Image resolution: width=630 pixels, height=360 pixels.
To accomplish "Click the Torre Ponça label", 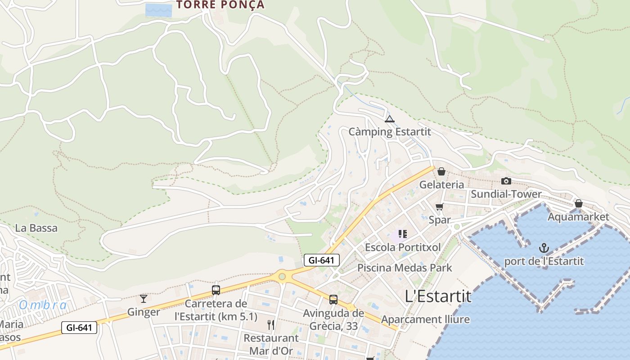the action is [220, 5].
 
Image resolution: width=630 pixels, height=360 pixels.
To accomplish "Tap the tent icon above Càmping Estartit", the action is [390, 119].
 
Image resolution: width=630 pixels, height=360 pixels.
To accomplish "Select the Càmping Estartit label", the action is [390, 132].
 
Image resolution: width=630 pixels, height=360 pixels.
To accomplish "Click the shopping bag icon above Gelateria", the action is [441, 171].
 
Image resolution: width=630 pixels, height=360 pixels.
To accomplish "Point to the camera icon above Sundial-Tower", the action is [506, 181].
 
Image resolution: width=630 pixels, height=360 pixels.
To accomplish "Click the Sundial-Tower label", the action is [506, 194].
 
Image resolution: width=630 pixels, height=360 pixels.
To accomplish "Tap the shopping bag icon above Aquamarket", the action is [579, 203].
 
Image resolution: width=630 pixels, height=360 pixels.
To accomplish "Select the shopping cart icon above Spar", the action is [440, 207].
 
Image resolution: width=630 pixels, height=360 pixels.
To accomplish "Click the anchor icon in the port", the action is [544, 248].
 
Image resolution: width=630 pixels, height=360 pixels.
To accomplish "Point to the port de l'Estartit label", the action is [544, 261].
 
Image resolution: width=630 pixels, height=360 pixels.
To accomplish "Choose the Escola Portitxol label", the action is [403, 247].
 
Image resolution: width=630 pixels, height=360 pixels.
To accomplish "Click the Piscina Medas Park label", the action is [405, 268].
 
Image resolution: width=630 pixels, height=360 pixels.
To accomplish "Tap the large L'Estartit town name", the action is [438, 296].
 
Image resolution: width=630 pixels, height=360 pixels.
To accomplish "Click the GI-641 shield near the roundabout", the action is [321, 260].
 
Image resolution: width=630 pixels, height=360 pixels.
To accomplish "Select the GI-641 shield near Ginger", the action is [79, 328].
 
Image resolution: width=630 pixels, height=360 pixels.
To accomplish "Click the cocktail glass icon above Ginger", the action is [144, 299].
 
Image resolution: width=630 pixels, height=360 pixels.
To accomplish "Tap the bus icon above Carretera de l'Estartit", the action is [216, 290].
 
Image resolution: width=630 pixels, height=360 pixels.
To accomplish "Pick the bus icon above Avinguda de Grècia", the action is [333, 300].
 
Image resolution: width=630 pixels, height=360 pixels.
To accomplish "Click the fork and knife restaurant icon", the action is [271, 325].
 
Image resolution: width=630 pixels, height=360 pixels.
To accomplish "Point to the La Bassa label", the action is [36, 228].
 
